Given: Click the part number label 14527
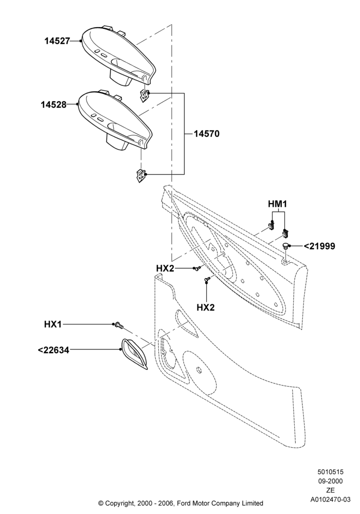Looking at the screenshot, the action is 58,41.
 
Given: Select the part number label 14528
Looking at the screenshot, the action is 53,104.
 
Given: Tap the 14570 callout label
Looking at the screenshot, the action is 207,134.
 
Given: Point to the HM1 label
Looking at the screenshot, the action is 277,204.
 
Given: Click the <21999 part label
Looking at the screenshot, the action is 320,246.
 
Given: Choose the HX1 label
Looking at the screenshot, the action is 53,324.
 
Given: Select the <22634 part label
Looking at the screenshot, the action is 53,350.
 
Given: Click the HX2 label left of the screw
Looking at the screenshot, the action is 165,268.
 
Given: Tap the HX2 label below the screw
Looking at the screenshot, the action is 206,307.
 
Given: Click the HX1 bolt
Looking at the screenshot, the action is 119,325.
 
